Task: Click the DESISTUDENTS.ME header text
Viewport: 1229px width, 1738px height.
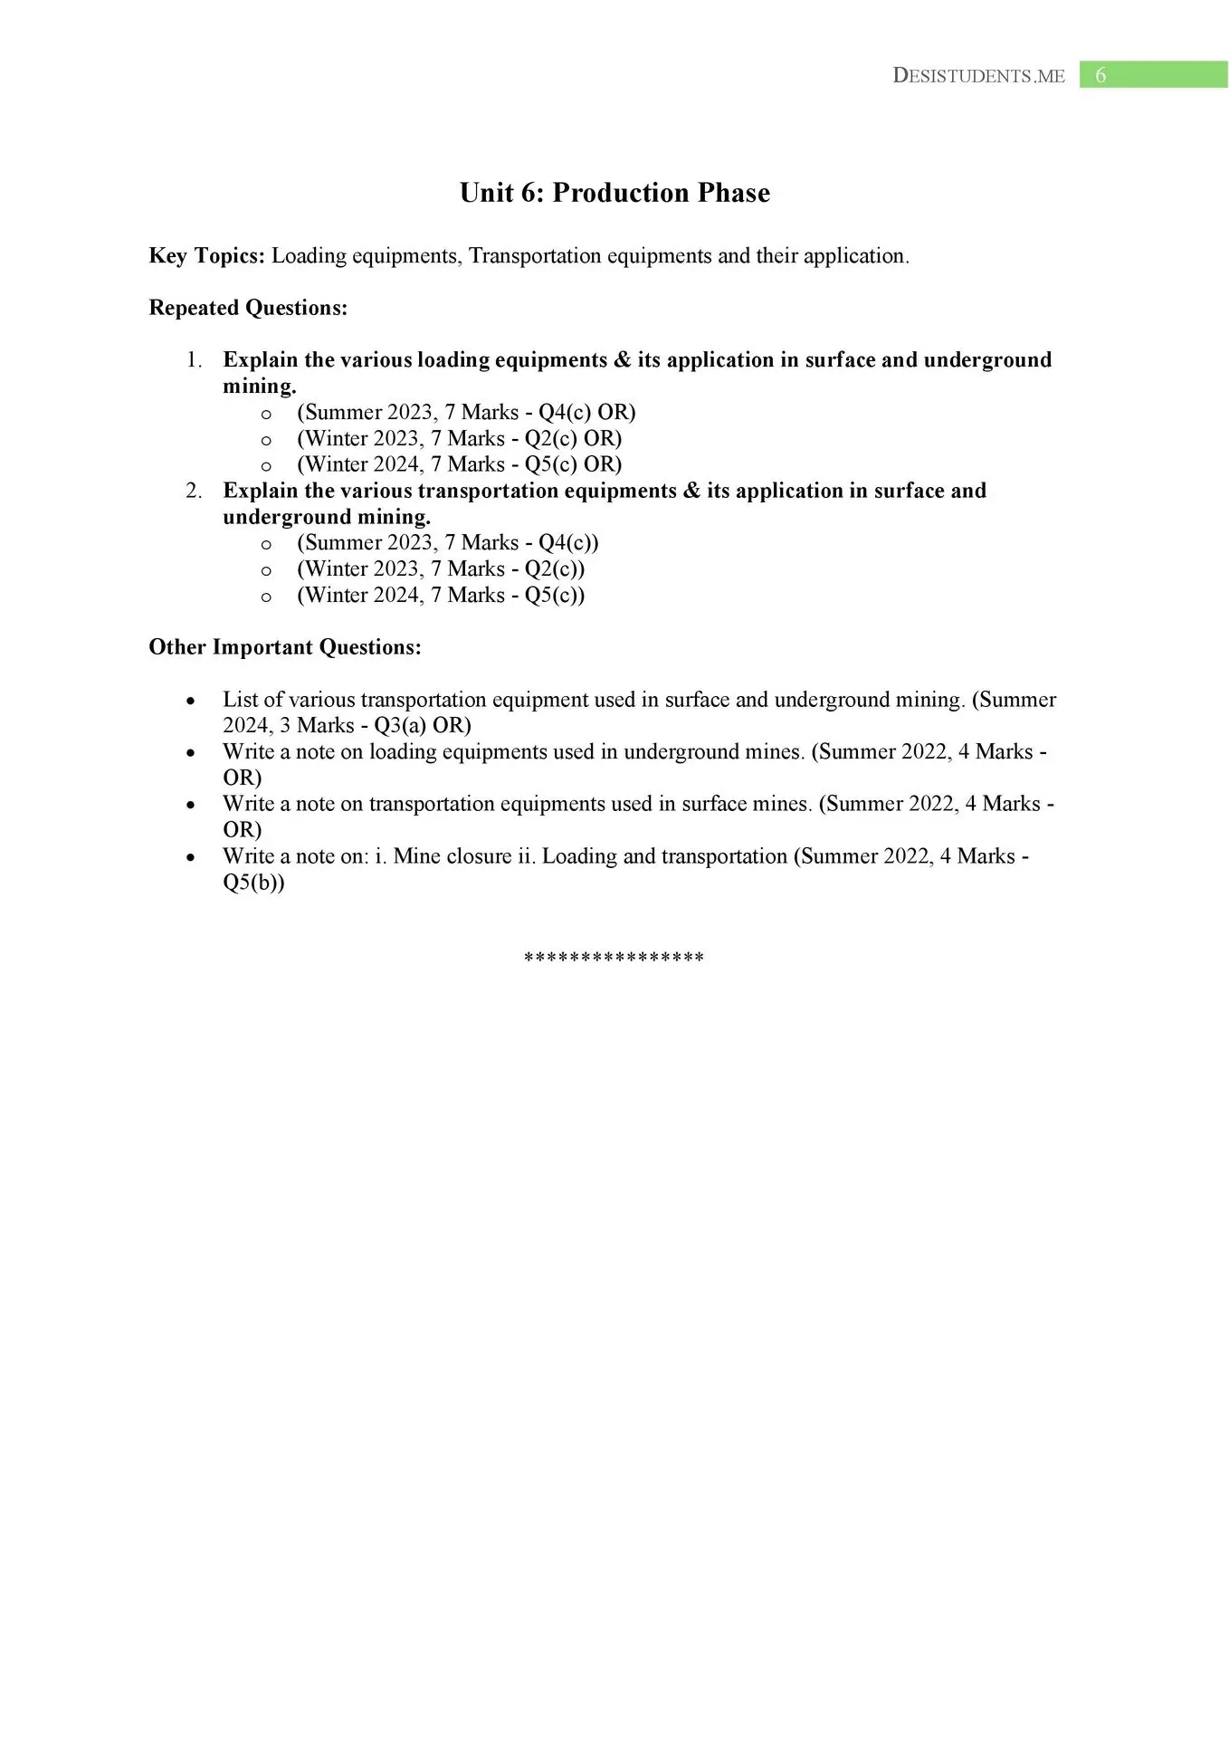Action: pyautogui.click(x=978, y=76)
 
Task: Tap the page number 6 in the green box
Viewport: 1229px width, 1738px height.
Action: pyautogui.click(x=1100, y=75)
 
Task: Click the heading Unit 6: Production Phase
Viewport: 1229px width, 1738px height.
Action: pyautogui.click(x=614, y=193)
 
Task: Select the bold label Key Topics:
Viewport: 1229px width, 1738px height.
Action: pyautogui.click(x=206, y=256)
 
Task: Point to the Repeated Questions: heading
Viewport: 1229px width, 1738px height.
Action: pyautogui.click(x=248, y=308)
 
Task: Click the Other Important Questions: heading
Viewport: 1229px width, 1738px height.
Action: pyautogui.click(x=285, y=647)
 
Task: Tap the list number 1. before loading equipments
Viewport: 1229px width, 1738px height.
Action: pyautogui.click(x=194, y=360)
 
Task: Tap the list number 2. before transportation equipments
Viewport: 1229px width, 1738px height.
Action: pyautogui.click(x=194, y=491)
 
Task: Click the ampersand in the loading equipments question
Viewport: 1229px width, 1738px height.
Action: pyautogui.click(x=622, y=360)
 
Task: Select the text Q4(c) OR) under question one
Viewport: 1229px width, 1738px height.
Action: pyautogui.click(x=587, y=413)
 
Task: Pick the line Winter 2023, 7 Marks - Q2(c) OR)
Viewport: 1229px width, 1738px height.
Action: pyautogui.click(x=459, y=439)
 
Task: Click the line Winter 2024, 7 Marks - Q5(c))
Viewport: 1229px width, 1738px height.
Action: pyautogui.click(x=441, y=596)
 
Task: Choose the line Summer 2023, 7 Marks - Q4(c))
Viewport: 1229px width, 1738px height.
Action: pyautogui.click(x=448, y=543)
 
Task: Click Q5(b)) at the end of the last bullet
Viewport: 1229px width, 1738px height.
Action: pyautogui.click(x=253, y=883)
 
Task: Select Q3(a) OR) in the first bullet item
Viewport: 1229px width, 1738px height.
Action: pyautogui.click(x=423, y=726)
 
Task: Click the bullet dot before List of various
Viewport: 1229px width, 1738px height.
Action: pyautogui.click(x=190, y=702)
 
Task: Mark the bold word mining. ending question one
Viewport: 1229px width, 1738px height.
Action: pyautogui.click(x=260, y=387)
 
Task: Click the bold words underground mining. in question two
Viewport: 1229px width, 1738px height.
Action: pyautogui.click(x=327, y=517)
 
